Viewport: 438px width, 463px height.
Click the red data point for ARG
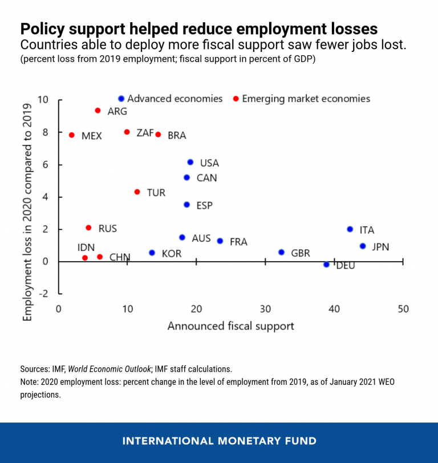pyautogui.click(x=98, y=111)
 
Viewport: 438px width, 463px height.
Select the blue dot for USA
pyautogui.click(x=190, y=163)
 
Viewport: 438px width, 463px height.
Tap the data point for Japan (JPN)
pyautogui.click(x=363, y=246)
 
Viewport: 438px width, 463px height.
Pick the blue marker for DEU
pyautogui.click(x=326, y=265)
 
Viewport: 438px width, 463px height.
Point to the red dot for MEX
pyautogui.click(x=72, y=135)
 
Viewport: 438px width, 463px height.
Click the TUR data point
pyautogui.click(x=137, y=192)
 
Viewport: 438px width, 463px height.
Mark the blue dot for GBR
pyautogui.click(x=281, y=252)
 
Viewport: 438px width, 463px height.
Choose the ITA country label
pyautogui.click(x=367, y=230)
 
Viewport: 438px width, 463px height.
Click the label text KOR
pyautogui.click(x=172, y=253)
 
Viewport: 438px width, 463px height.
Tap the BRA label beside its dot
pyautogui.click(x=177, y=136)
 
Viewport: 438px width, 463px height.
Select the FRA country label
pyautogui.click(x=238, y=242)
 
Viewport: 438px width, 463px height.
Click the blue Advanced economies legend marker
pyautogui.click(x=121, y=99)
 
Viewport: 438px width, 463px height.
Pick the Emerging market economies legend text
pyautogui.click(x=306, y=99)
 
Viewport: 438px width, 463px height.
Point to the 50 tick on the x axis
pyautogui.click(x=403, y=308)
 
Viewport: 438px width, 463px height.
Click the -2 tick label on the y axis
pyautogui.click(x=44, y=293)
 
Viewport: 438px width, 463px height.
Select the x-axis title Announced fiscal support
pyautogui.click(x=230, y=326)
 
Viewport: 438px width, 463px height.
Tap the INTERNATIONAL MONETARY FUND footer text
pyautogui.click(x=219, y=441)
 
